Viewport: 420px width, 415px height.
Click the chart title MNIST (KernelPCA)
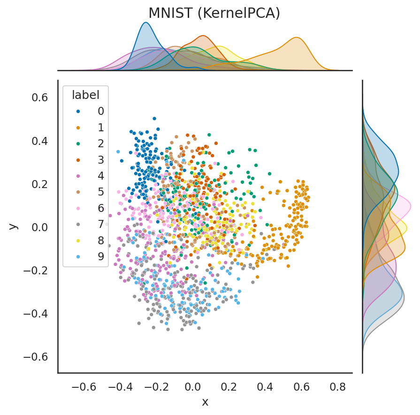pos(214,13)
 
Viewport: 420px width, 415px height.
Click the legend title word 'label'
pos(85,95)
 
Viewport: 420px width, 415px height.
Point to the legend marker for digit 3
pos(78,160)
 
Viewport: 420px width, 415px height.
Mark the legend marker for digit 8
pos(78,240)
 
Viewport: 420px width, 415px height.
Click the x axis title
pos(205,402)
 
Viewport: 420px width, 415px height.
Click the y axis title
pos(13,226)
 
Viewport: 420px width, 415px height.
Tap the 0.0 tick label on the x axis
pos(193,387)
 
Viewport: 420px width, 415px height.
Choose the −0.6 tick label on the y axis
pos(36,357)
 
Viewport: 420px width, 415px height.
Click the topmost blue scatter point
pos(154,119)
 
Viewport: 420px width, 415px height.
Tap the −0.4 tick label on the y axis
pos(36,314)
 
